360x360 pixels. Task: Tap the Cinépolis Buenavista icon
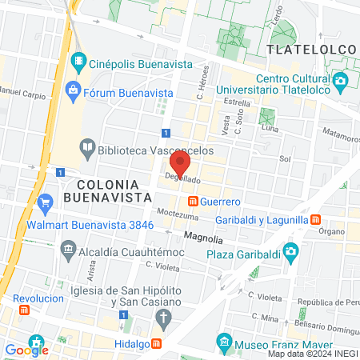click(x=78, y=59)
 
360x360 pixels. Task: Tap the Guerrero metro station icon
click(x=193, y=201)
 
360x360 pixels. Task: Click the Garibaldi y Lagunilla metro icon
click(x=316, y=218)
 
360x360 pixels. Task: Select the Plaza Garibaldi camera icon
click(x=291, y=251)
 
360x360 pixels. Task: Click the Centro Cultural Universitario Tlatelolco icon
click(x=341, y=80)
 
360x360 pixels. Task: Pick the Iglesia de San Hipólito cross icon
click(x=163, y=320)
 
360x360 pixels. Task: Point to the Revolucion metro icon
click(x=24, y=309)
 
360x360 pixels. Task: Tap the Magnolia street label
click(x=202, y=237)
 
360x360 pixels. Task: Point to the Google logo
click(x=26, y=350)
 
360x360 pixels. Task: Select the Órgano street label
click(x=330, y=232)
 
